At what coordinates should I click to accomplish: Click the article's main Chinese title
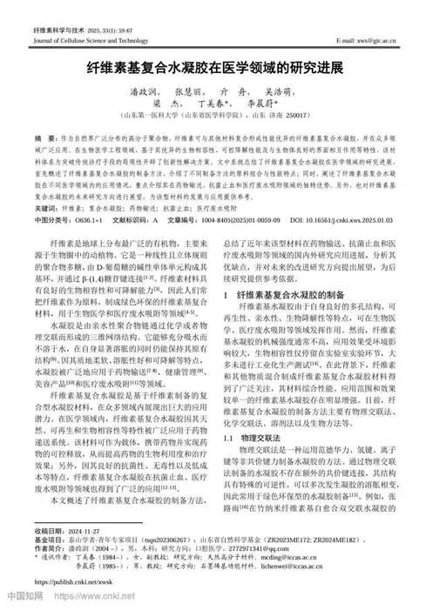213,66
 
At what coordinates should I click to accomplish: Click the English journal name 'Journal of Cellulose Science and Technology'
91,41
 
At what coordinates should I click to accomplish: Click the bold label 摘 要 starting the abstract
44,139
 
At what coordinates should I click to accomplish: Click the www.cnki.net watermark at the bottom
81,599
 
